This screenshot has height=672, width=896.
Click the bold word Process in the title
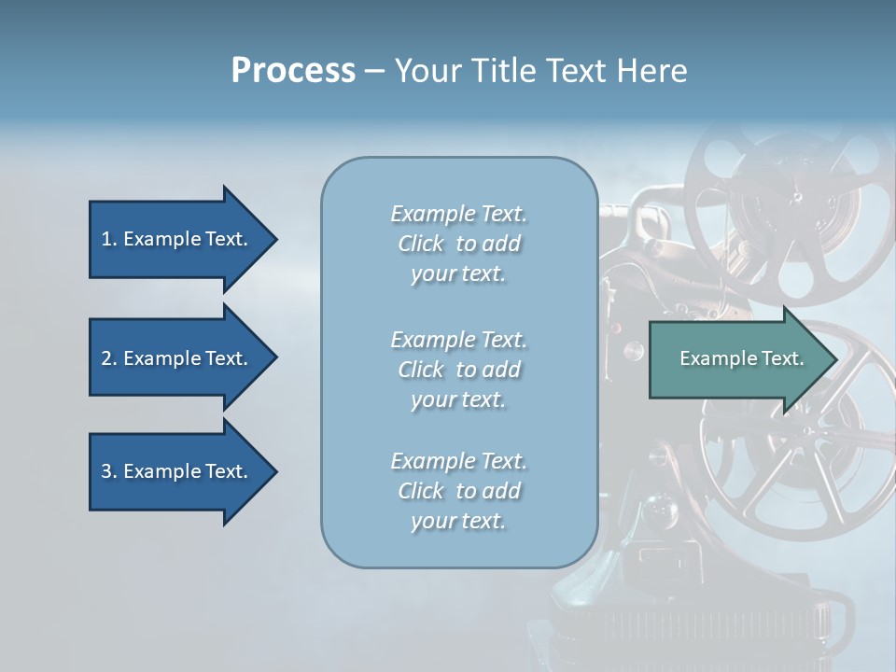[293, 71]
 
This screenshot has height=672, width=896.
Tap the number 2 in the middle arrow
[106, 358]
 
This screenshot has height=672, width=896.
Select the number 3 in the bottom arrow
[106, 471]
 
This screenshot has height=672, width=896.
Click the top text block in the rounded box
[458, 244]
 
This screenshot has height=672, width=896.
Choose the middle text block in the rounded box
[458, 370]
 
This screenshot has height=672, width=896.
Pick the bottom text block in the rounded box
[458, 491]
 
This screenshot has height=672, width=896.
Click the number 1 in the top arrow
[105, 239]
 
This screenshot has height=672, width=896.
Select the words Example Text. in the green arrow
[741, 358]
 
